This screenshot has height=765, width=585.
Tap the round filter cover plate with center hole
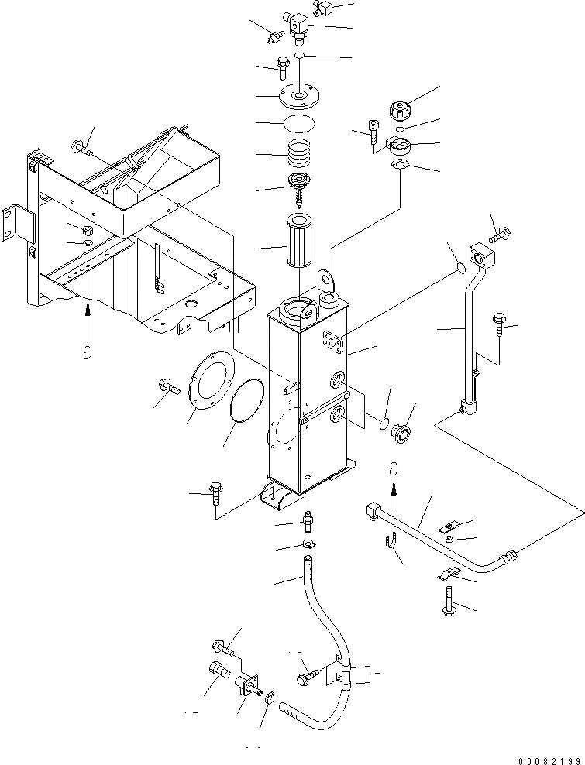pyautogui.click(x=298, y=97)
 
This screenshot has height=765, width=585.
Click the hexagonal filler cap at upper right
pyautogui.click(x=405, y=105)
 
